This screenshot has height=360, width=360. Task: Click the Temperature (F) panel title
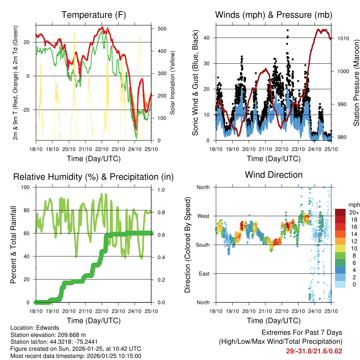click(x=94, y=15)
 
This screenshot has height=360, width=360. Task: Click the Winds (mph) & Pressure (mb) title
click(x=274, y=15)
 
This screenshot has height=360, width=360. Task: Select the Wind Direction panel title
click(x=274, y=175)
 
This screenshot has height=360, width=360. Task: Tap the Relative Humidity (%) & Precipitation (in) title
click(x=94, y=177)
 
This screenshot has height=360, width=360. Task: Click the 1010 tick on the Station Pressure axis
click(x=342, y=38)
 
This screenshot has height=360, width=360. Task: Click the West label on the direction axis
click(x=203, y=216)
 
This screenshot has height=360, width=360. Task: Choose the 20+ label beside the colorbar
click(x=353, y=212)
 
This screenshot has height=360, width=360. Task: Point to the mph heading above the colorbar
click(x=353, y=205)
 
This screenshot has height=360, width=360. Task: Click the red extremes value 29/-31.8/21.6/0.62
click(x=315, y=351)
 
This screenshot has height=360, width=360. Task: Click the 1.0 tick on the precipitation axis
click(x=161, y=190)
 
